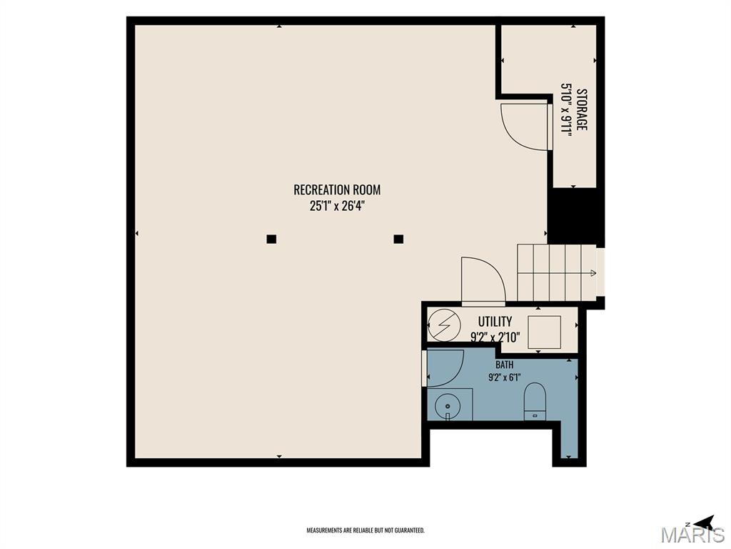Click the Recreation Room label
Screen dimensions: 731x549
(x=337, y=189)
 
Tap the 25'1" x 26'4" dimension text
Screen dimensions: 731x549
(x=337, y=206)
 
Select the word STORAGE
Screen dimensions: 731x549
(x=581, y=109)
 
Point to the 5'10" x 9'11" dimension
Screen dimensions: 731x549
(x=565, y=108)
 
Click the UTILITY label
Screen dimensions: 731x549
(x=495, y=321)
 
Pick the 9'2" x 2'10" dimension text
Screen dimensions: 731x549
(x=495, y=337)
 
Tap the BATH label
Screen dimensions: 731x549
(x=504, y=365)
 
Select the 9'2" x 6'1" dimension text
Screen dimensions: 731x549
(x=504, y=377)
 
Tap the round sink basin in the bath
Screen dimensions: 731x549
(x=447, y=405)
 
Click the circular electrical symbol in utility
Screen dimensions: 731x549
(x=444, y=325)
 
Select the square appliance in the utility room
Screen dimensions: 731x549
(x=544, y=332)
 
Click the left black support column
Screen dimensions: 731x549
(x=271, y=239)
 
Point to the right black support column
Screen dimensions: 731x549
(x=398, y=239)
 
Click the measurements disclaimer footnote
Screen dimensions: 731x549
(x=365, y=530)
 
